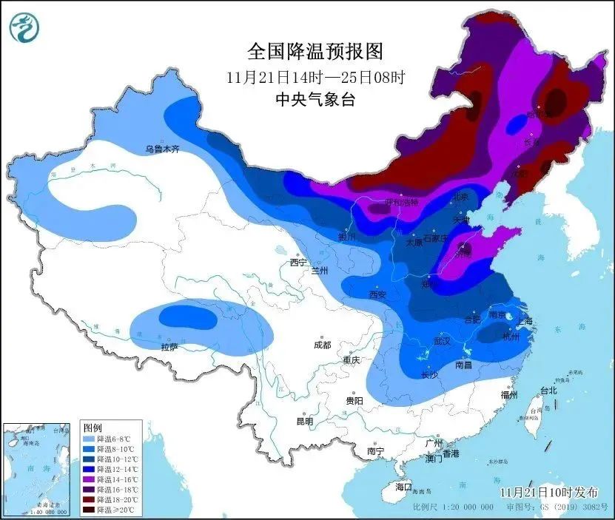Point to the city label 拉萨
(169, 346)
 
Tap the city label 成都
(322, 345)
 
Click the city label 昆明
(305, 421)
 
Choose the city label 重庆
(350, 360)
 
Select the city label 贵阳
(354, 400)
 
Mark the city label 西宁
(298, 262)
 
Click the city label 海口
(403, 487)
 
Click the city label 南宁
(375, 450)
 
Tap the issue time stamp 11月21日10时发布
(547, 492)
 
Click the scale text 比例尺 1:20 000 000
(453, 507)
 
